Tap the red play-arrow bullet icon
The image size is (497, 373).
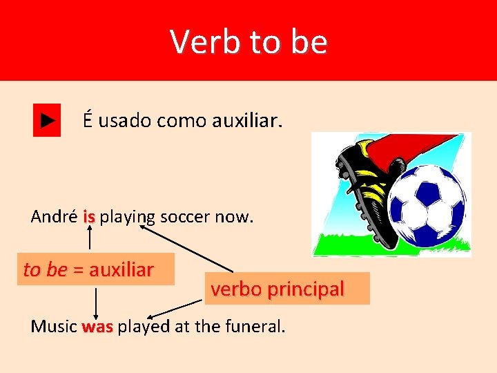tap(47, 120)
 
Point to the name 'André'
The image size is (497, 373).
tap(54, 217)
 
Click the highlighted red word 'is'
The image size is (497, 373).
tap(88, 217)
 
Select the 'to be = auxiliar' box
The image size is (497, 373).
tap(88, 269)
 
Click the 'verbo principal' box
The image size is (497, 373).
tap(277, 289)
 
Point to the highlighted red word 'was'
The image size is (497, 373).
tap(97, 327)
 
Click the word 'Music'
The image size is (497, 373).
tap(54, 327)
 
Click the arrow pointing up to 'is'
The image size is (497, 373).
tap(89, 239)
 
